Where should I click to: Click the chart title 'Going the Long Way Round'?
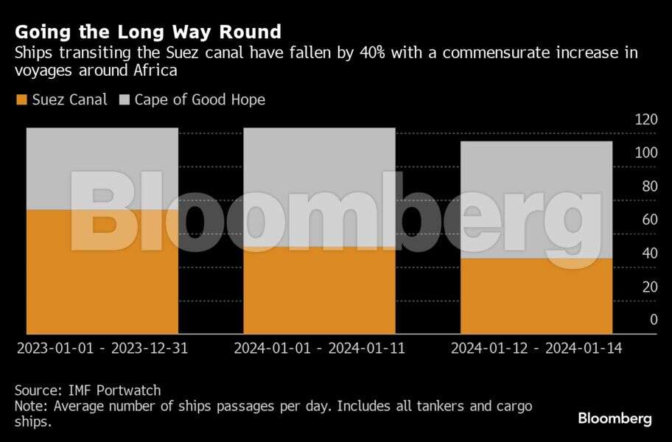[147, 32]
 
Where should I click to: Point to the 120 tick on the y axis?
[645, 119]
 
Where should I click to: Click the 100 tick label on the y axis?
[645, 152]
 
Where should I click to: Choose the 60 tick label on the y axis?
[648, 220]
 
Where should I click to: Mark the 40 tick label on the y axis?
[648, 253]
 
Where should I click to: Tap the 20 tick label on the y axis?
[648, 287]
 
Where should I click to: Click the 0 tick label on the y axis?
[653, 320]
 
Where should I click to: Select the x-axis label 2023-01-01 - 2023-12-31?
[102, 348]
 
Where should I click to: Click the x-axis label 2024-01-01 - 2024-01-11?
[319, 348]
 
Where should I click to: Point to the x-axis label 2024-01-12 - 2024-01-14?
[536, 348]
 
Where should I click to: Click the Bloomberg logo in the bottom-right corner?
[615, 418]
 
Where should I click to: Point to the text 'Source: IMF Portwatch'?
[88, 390]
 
